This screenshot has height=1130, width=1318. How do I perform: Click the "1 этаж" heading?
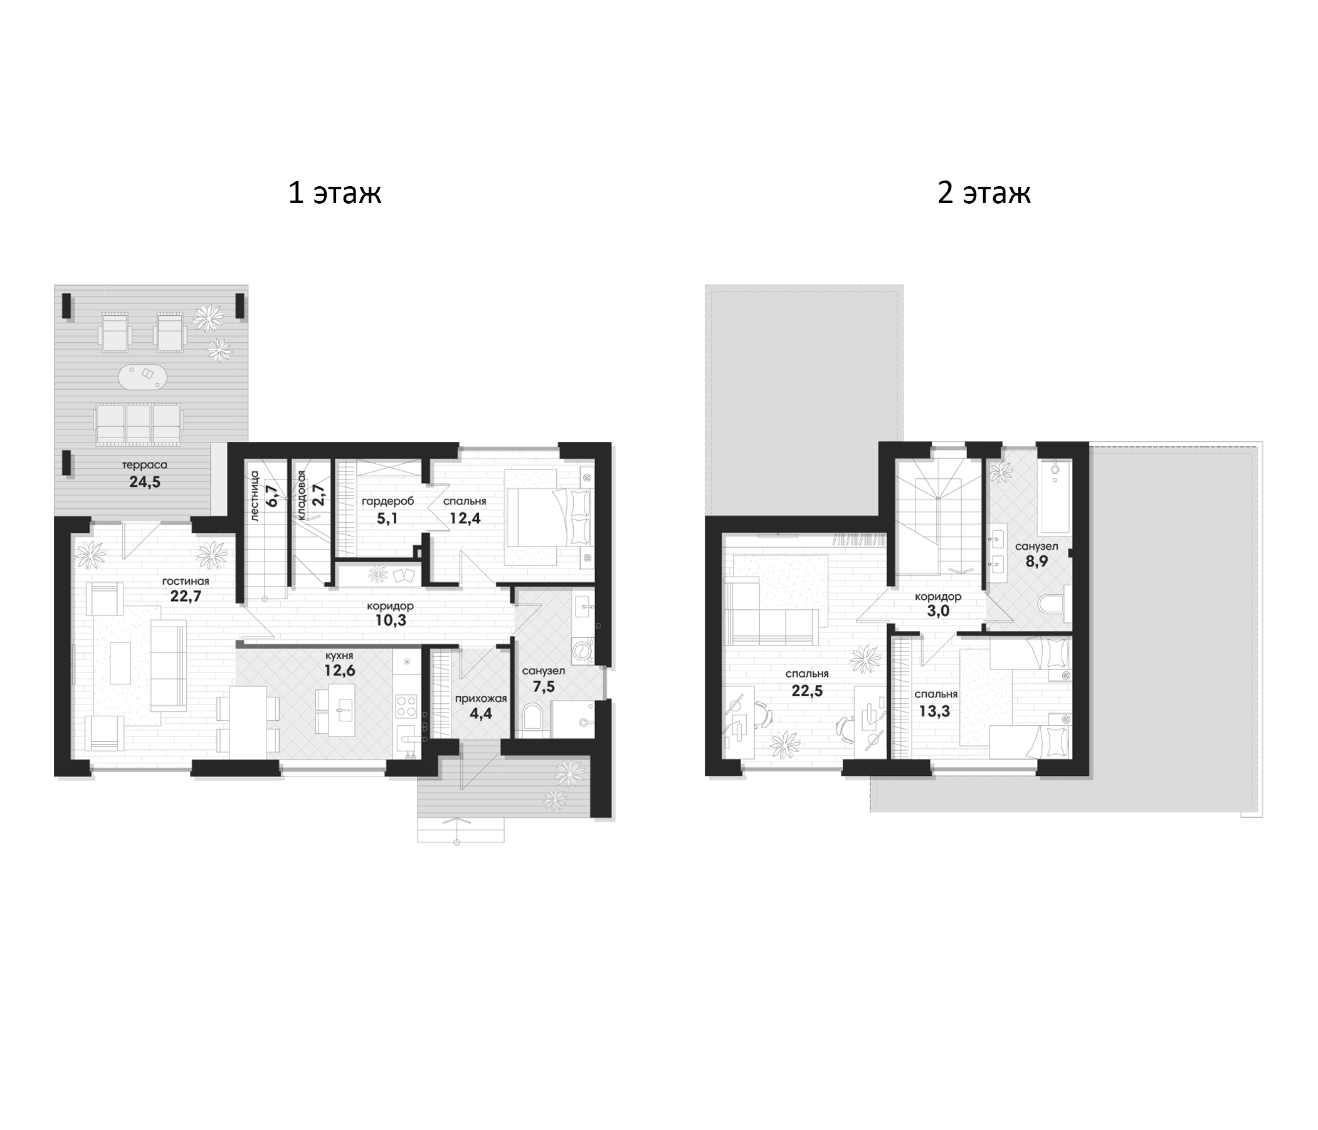[335, 192]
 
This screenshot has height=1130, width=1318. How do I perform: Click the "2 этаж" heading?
[984, 192]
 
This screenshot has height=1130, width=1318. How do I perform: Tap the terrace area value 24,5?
[145, 482]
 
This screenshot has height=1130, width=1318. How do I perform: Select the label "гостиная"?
[186, 581]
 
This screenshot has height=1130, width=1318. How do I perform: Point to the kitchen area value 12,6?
[340, 670]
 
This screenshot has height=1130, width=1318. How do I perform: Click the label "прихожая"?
[481, 699]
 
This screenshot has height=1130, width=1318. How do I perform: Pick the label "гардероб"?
[388, 502]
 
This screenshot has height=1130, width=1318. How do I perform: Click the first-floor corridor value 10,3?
[391, 620]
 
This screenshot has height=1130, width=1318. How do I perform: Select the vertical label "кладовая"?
[302, 496]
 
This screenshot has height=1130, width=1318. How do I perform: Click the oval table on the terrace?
[143, 376]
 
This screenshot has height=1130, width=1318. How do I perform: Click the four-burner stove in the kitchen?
[406, 706]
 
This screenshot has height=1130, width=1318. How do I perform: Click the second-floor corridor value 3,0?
[938, 611]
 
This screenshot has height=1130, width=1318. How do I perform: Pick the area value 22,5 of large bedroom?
[807, 691]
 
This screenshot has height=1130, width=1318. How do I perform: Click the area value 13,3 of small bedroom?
[934, 711]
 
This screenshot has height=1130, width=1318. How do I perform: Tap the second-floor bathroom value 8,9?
[1037, 562]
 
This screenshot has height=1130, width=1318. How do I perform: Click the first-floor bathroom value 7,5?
[544, 687]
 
